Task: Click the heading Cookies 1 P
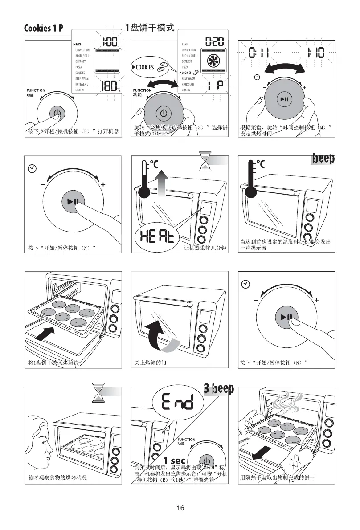(43, 29)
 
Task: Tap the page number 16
(180, 508)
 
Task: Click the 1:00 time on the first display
(109, 42)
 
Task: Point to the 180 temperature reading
(109, 86)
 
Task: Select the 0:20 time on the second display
(214, 42)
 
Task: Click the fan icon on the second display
(212, 63)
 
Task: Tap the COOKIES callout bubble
(150, 67)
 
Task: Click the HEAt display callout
(156, 233)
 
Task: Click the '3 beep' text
(219, 389)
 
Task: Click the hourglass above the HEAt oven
(205, 161)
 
